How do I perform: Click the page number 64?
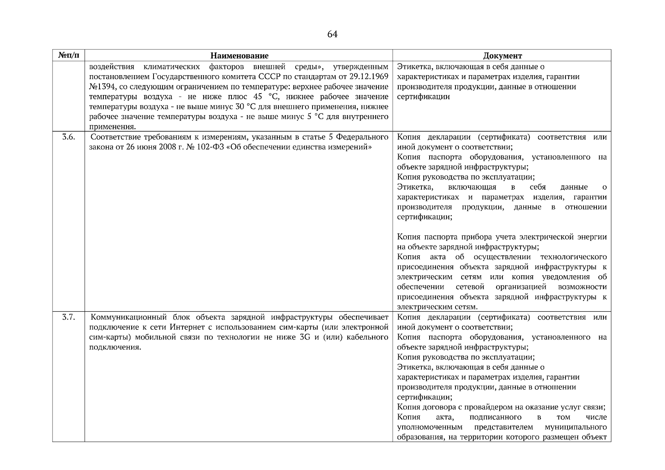332,34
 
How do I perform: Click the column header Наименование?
239,56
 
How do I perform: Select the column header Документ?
502,56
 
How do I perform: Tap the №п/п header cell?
69,55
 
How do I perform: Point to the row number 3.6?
69,137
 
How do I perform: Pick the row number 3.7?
69,317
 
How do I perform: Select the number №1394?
101,87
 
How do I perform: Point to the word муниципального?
575,427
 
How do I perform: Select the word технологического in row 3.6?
573,257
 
